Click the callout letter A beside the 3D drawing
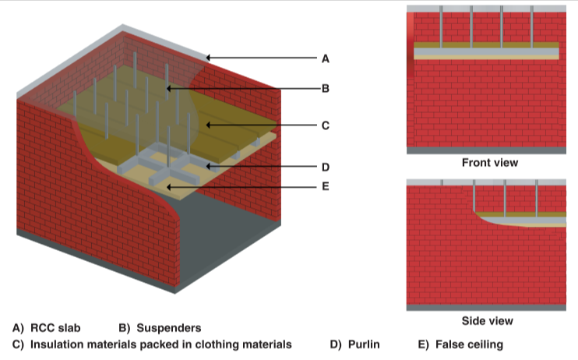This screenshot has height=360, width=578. pos(325,58)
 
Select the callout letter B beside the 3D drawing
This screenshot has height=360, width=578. pos(325,89)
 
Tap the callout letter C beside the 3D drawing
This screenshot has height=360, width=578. pos(325,125)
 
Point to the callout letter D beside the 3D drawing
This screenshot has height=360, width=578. pos(325,167)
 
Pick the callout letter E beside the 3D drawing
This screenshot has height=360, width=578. pos(325,186)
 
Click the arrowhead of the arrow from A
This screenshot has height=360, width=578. pos(208,58)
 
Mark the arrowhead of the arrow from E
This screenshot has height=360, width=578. pos(168,187)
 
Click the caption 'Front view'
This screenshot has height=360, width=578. pos(490,163)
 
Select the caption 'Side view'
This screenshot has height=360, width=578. pos(488,321)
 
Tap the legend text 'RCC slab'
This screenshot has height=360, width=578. pos(55,328)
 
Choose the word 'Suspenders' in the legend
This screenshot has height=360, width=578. pos(169,328)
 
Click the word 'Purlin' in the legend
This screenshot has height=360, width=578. pos(364,344)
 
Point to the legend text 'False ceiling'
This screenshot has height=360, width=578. pos(469,344)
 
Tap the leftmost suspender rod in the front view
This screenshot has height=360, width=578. pos(441,26)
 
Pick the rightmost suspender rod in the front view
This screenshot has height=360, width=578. pos(531,26)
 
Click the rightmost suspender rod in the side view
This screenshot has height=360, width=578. pos(537,198)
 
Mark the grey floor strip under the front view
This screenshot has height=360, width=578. pos(486,150)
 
